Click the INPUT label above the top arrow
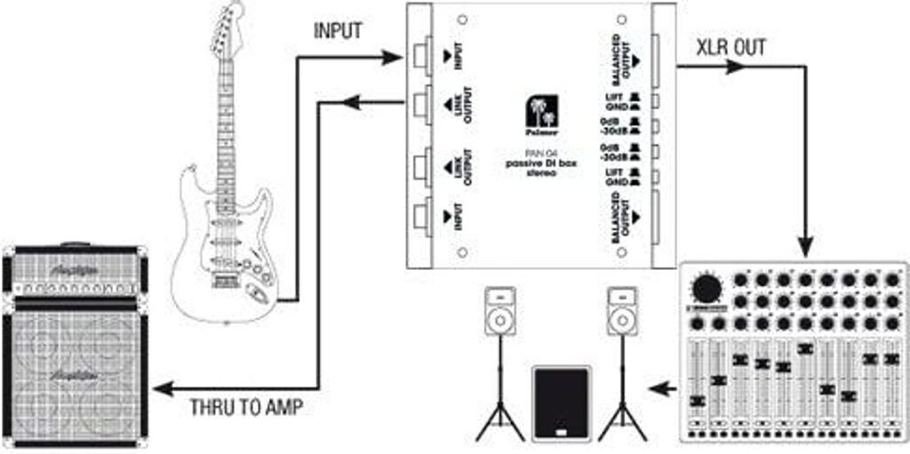pos(338,30)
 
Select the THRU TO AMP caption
pos(246,409)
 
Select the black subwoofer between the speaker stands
pos(560,402)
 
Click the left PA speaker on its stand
pos(499,311)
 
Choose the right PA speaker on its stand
pos(622,311)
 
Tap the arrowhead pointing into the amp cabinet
pos(161,388)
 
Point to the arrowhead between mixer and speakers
pos(659,388)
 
